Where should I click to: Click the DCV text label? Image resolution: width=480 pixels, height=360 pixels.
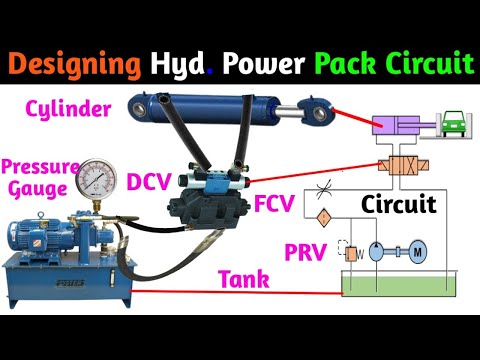(151, 183)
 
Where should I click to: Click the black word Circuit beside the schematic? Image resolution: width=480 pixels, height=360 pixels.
(400, 206)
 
